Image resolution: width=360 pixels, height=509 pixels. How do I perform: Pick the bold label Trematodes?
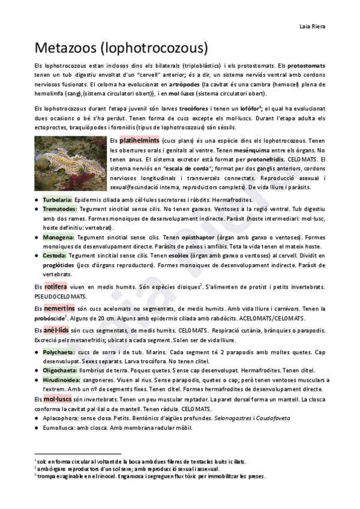[59, 208]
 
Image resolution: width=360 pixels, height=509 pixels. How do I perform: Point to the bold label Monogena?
[58, 237]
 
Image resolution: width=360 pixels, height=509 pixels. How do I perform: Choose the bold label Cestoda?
[55, 255]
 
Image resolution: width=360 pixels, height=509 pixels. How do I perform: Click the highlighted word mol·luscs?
[58, 399]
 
